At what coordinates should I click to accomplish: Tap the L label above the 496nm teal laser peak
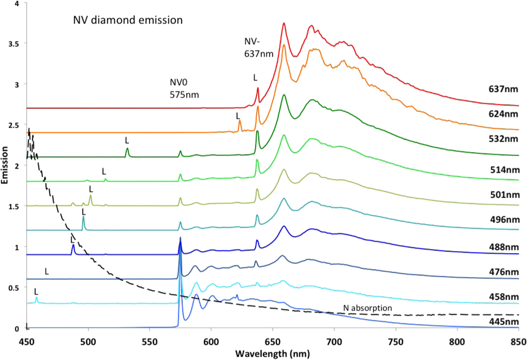tap(84, 212)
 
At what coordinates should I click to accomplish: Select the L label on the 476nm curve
tap(47, 272)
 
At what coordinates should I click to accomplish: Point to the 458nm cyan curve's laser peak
tap(37, 298)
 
